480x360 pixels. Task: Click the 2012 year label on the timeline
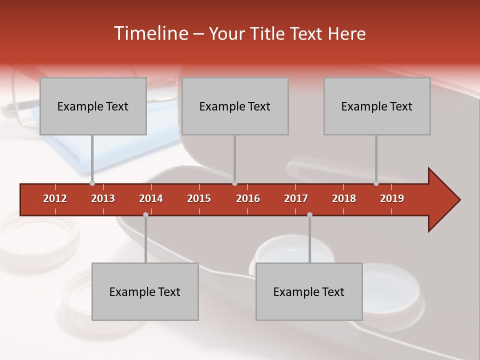pyautogui.click(x=55, y=198)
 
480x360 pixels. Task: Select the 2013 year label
pyautogui.click(x=103, y=198)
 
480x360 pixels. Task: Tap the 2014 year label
pyautogui.click(x=151, y=198)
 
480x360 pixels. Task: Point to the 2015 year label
pyautogui.click(x=199, y=198)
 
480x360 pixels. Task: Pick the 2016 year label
pyautogui.click(x=248, y=198)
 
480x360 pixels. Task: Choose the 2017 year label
pyautogui.click(x=296, y=198)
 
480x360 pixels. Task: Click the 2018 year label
pyautogui.click(x=344, y=198)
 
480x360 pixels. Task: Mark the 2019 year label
pyautogui.click(x=392, y=198)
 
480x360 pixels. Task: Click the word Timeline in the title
pyautogui.click(x=150, y=33)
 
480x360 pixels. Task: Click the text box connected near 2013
pyautogui.click(x=93, y=106)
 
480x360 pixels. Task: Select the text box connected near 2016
pyautogui.click(x=235, y=106)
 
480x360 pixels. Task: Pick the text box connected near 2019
pyautogui.click(x=377, y=106)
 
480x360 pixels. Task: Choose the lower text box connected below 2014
pyautogui.click(x=145, y=291)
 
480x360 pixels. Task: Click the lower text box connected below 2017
pyautogui.click(x=309, y=291)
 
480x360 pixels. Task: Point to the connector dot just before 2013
pyautogui.click(x=92, y=183)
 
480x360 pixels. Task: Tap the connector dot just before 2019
pyautogui.click(x=376, y=183)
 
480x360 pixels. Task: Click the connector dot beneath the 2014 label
pyautogui.click(x=145, y=214)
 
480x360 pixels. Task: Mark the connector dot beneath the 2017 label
pyautogui.click(x=309, y=214)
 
